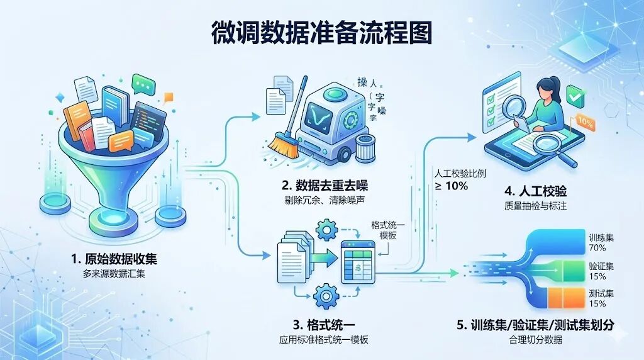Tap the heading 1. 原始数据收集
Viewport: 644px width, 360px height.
click(114, 258)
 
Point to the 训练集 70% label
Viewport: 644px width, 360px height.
click(597, 242)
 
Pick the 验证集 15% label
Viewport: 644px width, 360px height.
click(597, 270)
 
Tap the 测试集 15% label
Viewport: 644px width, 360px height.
click(597, 298)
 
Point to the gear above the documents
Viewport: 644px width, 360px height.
click(327, 230)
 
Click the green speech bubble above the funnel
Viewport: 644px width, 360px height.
click(143, 82)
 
